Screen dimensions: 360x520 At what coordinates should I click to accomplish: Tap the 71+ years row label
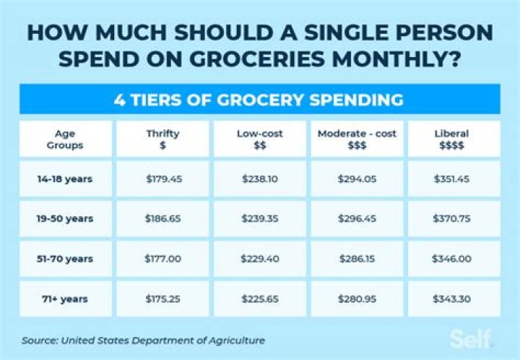[x=64, y=296]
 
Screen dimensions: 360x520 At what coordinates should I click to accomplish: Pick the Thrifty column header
[x=162, y=139]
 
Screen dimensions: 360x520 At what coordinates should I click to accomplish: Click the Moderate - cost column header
[x=357, y=139]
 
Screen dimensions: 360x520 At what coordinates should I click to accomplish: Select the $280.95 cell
[x=357, y=296]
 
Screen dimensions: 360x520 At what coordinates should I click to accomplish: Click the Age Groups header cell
[x=64, y=139]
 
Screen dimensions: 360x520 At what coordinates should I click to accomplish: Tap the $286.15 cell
[x=357, y=259]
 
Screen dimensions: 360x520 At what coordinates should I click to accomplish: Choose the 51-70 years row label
[x=64, y=259]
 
